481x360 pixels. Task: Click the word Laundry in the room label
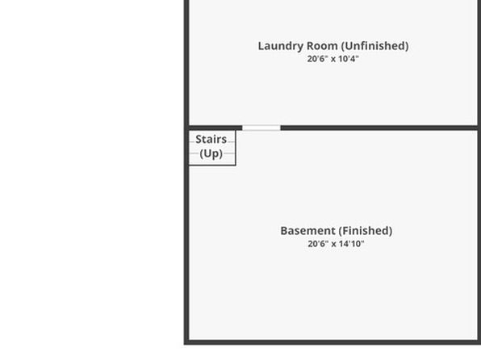[281, 46]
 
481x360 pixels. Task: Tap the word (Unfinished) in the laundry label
[374, 46]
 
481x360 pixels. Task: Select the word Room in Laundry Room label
[322, 46]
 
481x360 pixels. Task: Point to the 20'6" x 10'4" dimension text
[333, 59]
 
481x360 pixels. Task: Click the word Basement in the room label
[308, 231]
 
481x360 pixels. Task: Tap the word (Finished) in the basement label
[366, 231]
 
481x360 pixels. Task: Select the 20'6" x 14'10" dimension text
[336, 244]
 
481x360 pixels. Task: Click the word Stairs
[211, 140]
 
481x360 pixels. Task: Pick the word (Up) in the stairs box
[211, 153]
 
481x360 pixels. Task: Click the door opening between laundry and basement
[261, 128]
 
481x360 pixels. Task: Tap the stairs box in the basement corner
[212, 148]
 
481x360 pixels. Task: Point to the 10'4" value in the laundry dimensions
[349, 59]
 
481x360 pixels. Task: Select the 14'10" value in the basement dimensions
[352, 244]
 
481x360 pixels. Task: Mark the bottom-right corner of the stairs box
[236, 165]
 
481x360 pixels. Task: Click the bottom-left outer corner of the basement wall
[184, 344]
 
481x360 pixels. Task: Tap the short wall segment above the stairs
[215, 128]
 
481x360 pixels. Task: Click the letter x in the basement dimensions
[334, 245]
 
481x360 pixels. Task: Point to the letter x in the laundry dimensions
[333, 60]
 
